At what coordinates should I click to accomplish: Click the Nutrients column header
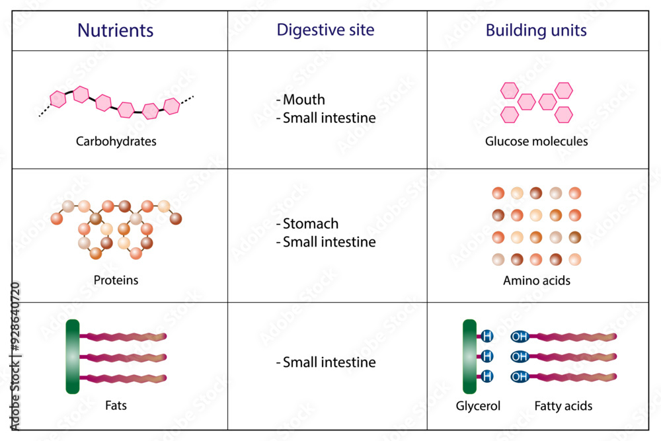116,30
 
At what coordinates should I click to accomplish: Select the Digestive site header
325,30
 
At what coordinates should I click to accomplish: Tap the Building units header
536,30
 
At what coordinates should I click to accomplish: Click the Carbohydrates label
116,141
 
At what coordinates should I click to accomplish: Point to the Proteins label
116,280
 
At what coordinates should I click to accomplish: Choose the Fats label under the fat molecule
116,405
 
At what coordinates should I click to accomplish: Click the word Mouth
303,100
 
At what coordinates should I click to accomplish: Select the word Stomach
310,223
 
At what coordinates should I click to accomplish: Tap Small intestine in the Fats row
329,362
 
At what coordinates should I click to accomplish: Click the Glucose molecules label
536,141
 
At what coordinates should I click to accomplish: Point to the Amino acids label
536,280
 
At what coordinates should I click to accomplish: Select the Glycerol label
478,406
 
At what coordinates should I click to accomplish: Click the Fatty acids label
563,406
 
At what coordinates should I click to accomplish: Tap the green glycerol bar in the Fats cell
73,356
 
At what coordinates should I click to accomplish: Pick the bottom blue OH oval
520,377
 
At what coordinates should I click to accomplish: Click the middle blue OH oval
520,356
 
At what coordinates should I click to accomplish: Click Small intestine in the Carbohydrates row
329,118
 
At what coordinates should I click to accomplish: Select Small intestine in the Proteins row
329,242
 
